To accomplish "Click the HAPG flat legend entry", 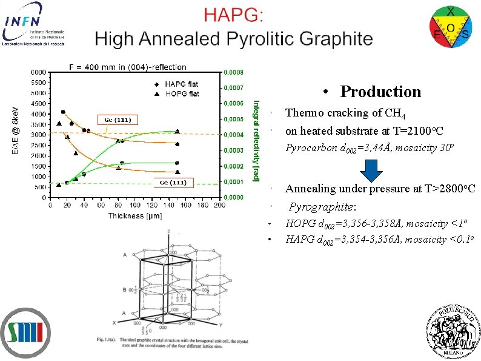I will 177,84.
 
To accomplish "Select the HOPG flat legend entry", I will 177,94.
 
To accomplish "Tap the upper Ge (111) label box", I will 118,120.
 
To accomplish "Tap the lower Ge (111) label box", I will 173,183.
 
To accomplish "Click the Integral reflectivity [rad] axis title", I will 256,140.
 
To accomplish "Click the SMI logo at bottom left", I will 26,332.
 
